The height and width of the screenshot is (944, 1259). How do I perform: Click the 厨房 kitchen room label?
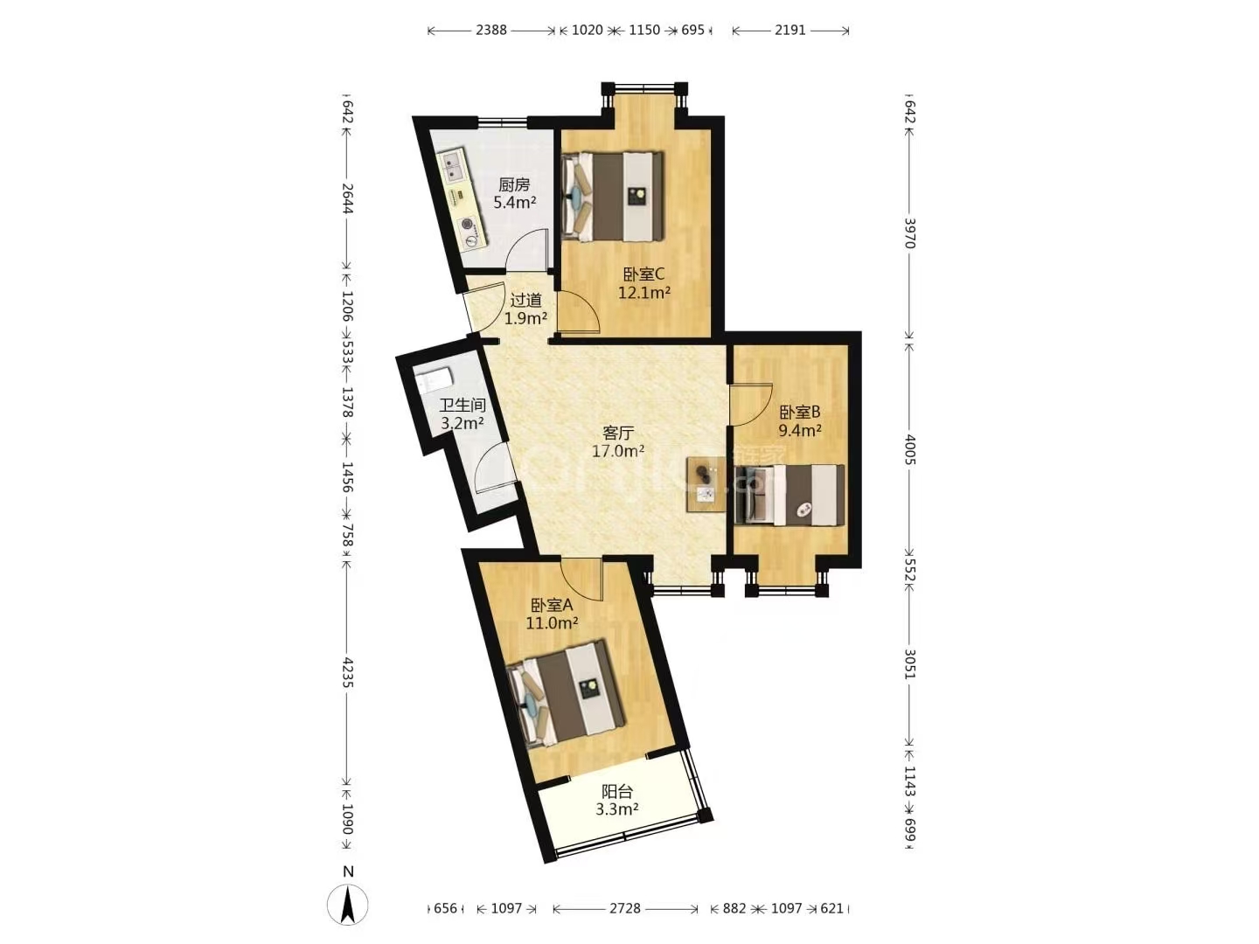click(514, 185)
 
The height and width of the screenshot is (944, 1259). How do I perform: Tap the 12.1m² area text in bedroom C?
click(644, 293)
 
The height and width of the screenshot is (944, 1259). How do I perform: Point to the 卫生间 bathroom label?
click(463, 406)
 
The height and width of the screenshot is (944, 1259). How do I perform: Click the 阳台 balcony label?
click(617, 792)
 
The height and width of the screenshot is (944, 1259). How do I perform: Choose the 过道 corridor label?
click(525, 300)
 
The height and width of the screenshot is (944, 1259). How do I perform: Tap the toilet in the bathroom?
click(435, 380)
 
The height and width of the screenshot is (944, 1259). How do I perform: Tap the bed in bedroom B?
click(789, 496)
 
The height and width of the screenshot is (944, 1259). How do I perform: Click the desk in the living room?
click(706, 485)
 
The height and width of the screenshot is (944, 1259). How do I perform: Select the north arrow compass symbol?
click(348, 905)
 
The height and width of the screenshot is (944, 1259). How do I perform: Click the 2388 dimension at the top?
click(491, 30)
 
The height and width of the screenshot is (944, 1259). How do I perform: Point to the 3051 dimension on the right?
click(909, 663)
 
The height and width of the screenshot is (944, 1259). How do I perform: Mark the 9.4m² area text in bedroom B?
click(800, 429)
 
